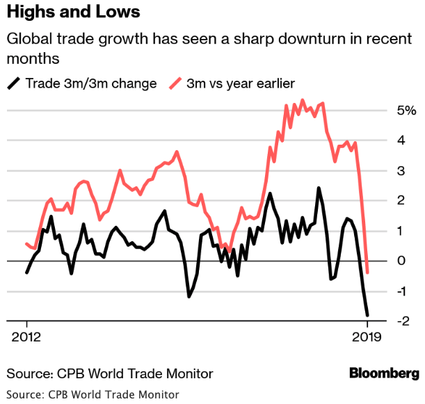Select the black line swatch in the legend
click(x=13, y=84)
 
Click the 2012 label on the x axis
click(x=26, y=339)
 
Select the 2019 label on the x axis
click(x=367, y=339)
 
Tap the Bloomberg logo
click(x=384, y=373)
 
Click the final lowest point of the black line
click(x=367, y=315)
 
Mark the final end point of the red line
click(x=367, y=273)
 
